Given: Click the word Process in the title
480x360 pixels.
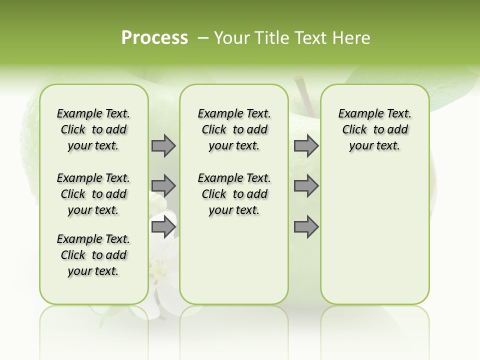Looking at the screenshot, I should [x=154, y=38].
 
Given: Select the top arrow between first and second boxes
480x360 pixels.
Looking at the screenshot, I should [x=163, y=145].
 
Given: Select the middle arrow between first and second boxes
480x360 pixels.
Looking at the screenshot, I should [x=163, y=186].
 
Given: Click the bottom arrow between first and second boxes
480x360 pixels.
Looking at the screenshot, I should [x=163, y=227].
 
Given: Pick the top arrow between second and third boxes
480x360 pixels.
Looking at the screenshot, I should [x=306, y=145].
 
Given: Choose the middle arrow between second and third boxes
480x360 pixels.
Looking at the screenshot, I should [x=306, y=186].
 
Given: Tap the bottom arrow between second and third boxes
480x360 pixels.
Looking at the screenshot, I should [x=306, y=227].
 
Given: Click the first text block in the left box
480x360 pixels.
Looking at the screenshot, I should [x=93, y=129].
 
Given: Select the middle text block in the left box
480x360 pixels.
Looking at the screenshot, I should [x=93, y=194].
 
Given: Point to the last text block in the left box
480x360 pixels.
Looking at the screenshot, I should [x=93, y=255].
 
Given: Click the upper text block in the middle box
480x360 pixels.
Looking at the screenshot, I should [x=234, y=129].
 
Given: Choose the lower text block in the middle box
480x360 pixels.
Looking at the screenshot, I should [x=234, y=194].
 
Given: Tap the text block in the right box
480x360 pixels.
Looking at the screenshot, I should [x=374, y=129].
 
